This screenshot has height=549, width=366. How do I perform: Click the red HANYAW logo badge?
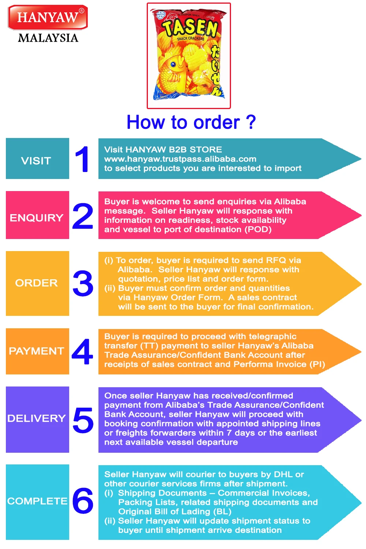pyautogui.click(x=48, y=17)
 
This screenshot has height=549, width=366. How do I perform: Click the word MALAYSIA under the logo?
pyautogui.click(x=48, y=38)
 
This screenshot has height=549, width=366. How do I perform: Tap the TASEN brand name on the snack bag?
pyautogui.click(x=190, y=27)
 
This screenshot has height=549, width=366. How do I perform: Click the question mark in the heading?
pyautogui.click(x=251, y=122)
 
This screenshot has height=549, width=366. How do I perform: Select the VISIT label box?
pyautogui.click(x=37, y=158)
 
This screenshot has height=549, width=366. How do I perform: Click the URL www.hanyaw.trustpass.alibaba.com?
pyautogui.click(x=180, y=159)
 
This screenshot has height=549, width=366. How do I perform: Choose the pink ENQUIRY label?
pyautogui.click(x=37, y=215)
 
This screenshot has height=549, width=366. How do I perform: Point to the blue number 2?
pyautogui.click(x=83, y=216)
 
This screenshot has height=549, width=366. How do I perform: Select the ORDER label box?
pyautogui.click(x=37, y=283)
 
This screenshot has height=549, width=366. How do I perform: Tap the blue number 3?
pyautogui.click(x=83, y=283)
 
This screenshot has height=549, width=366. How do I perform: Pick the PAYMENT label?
pyautogui.click(x=37, y=351)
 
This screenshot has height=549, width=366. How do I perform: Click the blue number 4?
pyautogui.click(x=83, y=352)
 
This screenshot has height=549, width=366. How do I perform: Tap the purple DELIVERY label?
pyautogui.click(x=37, y=419)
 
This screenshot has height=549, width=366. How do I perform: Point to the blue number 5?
pyautogui.click(x=83, y=419)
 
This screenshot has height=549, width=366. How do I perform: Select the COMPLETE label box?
pyautogui.click(x=37, y=501)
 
